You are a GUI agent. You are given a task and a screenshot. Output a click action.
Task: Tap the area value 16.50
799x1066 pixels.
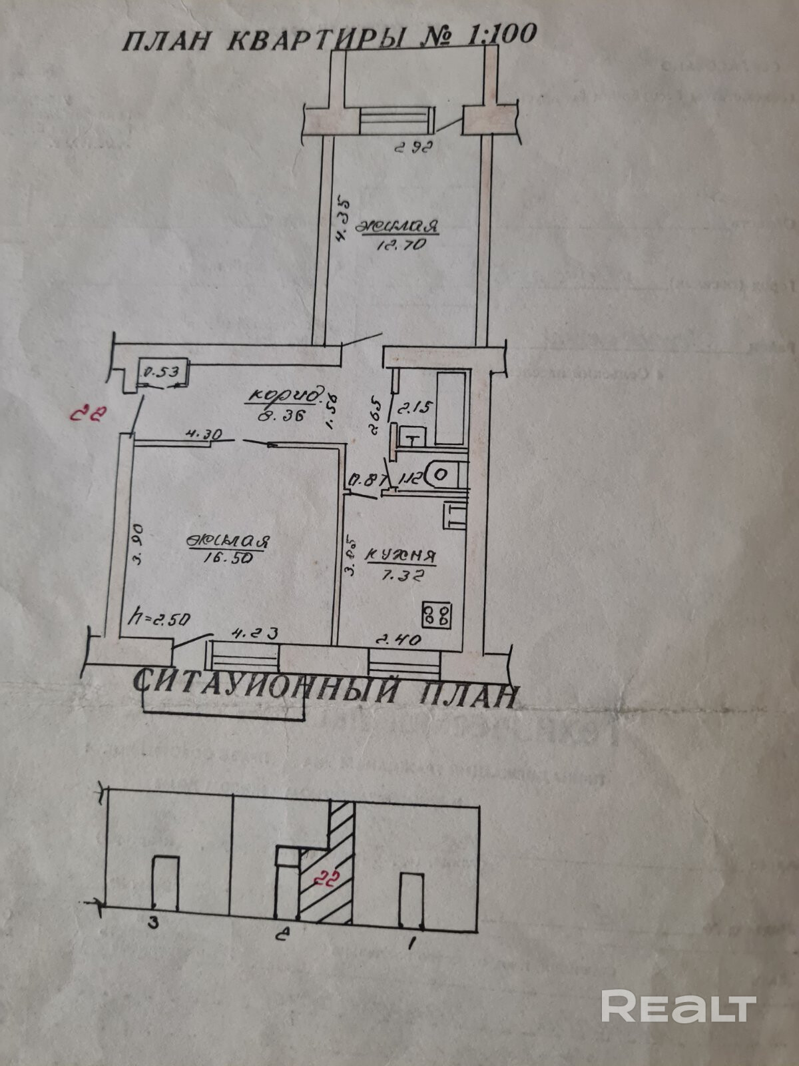[228, 560]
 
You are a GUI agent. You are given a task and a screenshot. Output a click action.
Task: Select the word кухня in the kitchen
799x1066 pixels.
[401, 554]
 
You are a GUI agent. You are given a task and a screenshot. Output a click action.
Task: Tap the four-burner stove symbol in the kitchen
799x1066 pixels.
[439, 614]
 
